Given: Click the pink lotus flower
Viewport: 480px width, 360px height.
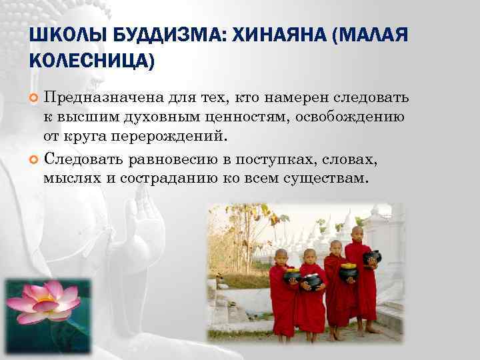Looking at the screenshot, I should click(x=45, y=303).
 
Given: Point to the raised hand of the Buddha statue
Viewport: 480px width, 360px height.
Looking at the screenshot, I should click(x=145, y=220).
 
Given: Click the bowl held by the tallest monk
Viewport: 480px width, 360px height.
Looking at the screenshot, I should click(x=372, y=256).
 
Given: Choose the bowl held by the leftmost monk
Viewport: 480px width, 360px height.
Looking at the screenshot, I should click(x=291, y=275).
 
